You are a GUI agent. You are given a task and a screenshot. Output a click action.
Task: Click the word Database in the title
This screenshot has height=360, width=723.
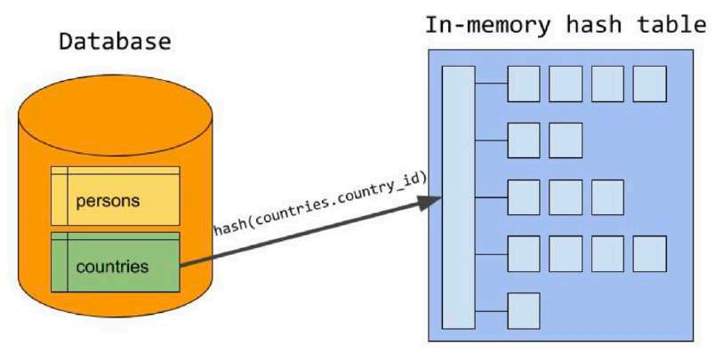(x=115, y=42)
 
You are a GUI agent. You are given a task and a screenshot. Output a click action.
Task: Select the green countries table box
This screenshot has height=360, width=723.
(x=116, y=262)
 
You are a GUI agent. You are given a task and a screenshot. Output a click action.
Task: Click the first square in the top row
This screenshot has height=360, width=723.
(x=524, y=84)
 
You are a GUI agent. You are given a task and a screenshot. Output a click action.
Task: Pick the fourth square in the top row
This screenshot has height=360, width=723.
(x=649, y=84)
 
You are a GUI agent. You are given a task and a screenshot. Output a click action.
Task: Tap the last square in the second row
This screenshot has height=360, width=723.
(x=566, y=140)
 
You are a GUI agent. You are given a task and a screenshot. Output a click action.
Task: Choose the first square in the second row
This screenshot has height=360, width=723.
(x=524, y=140)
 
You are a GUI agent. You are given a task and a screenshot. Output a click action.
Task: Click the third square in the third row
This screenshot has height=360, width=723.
(x=607, y=196)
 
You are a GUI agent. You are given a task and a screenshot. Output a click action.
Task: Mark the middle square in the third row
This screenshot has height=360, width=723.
(x=566, y=196)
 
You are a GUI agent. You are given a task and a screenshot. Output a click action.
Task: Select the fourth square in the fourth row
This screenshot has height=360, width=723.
(x=649, y=253)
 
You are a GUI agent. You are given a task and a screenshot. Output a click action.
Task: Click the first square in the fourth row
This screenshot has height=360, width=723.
(x=524, y=253)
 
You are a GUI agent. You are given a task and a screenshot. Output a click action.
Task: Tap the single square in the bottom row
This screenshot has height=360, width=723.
(x=524, y=309)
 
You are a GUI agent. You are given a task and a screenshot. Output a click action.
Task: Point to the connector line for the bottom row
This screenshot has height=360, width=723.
(x=491, y=310)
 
